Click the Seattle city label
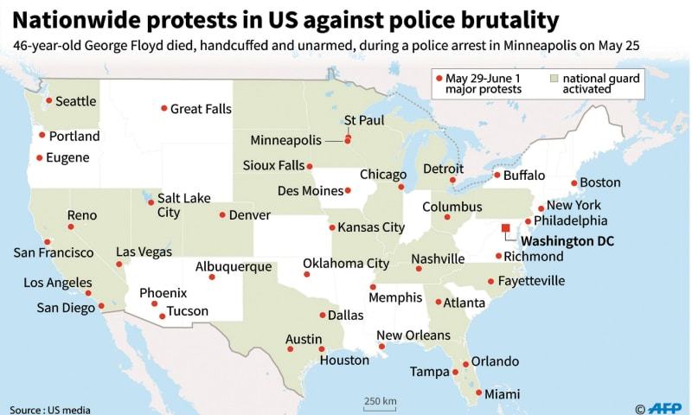pyautogui.click(x=76, y=101)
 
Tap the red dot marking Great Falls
pyautogui.click(x=163, y=108)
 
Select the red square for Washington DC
pyautogui.click(x=506, y=229)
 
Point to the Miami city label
pyautogui.click(x=502, y=393)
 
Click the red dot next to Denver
pyautogui.click(x=222, y=215)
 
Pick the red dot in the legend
pyautogui.click(x=439, y=78)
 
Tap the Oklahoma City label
pyautogui.click(x=346, y=263)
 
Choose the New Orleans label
pyautogui.click(x=413, y=335)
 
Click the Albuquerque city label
pyautogui.click(x=233, y=266)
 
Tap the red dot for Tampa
pyautogui.click(x=456, y=373)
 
